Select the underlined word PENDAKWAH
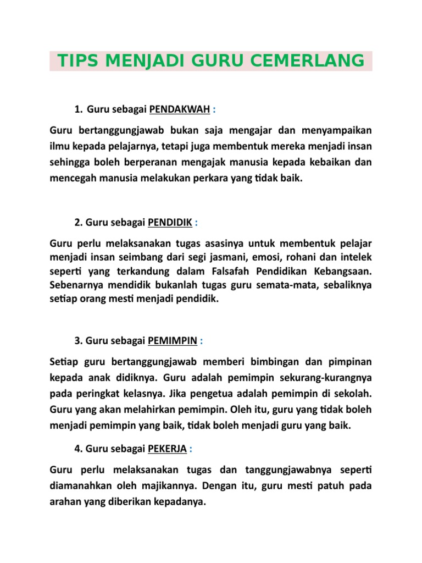(x=179, y=109)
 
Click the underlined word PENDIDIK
(x=170, y=222)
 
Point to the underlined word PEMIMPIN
(x=173, y=341)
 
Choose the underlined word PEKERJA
(x=168, y=449)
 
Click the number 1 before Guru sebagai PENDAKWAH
(x=76, y=109)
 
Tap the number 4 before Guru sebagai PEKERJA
(x=76, y=449)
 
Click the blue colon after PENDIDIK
(x=196, y=222)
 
